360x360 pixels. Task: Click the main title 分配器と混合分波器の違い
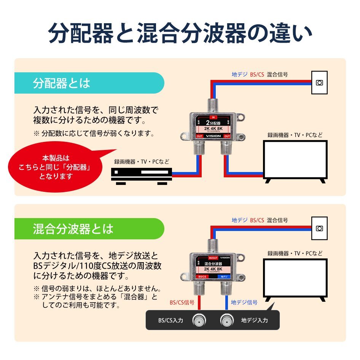pyautogui.click(x=180, y=33)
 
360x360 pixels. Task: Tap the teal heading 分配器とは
pyautogui.click(x=62, y=83)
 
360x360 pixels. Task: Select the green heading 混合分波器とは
pyautogui.click(x=73, y=229)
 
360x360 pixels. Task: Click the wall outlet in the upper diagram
pyautogui.click(x=319, y=83)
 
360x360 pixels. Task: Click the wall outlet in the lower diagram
pyautogui.click(x=319, y=228)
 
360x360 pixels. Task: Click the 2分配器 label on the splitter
pyautogui.click(x=213, y=123)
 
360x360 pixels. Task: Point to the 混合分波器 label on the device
pyautogui.click(x=213, y=264)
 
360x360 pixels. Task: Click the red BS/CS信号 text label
pyautogui.click(x=182, y=303)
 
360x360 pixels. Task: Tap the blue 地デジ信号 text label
pyautogui.click(x=244, y=303)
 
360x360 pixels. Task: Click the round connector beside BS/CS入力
pyautogui.click(x=199, y=320)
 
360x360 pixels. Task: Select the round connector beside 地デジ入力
pyautogui.click(x=227, y=320)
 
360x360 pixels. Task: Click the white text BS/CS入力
pyautogui.click(x=170, y=320)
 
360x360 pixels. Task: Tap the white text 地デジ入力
pyautogui.click(x=254, y=320)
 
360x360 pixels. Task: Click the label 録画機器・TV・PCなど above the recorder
pyautogui.click(x=142, y=162)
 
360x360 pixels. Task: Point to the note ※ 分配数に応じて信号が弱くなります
pyautogui.click(x=94, y=133)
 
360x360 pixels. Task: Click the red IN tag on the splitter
pyautogui.click(x=213, y=117)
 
